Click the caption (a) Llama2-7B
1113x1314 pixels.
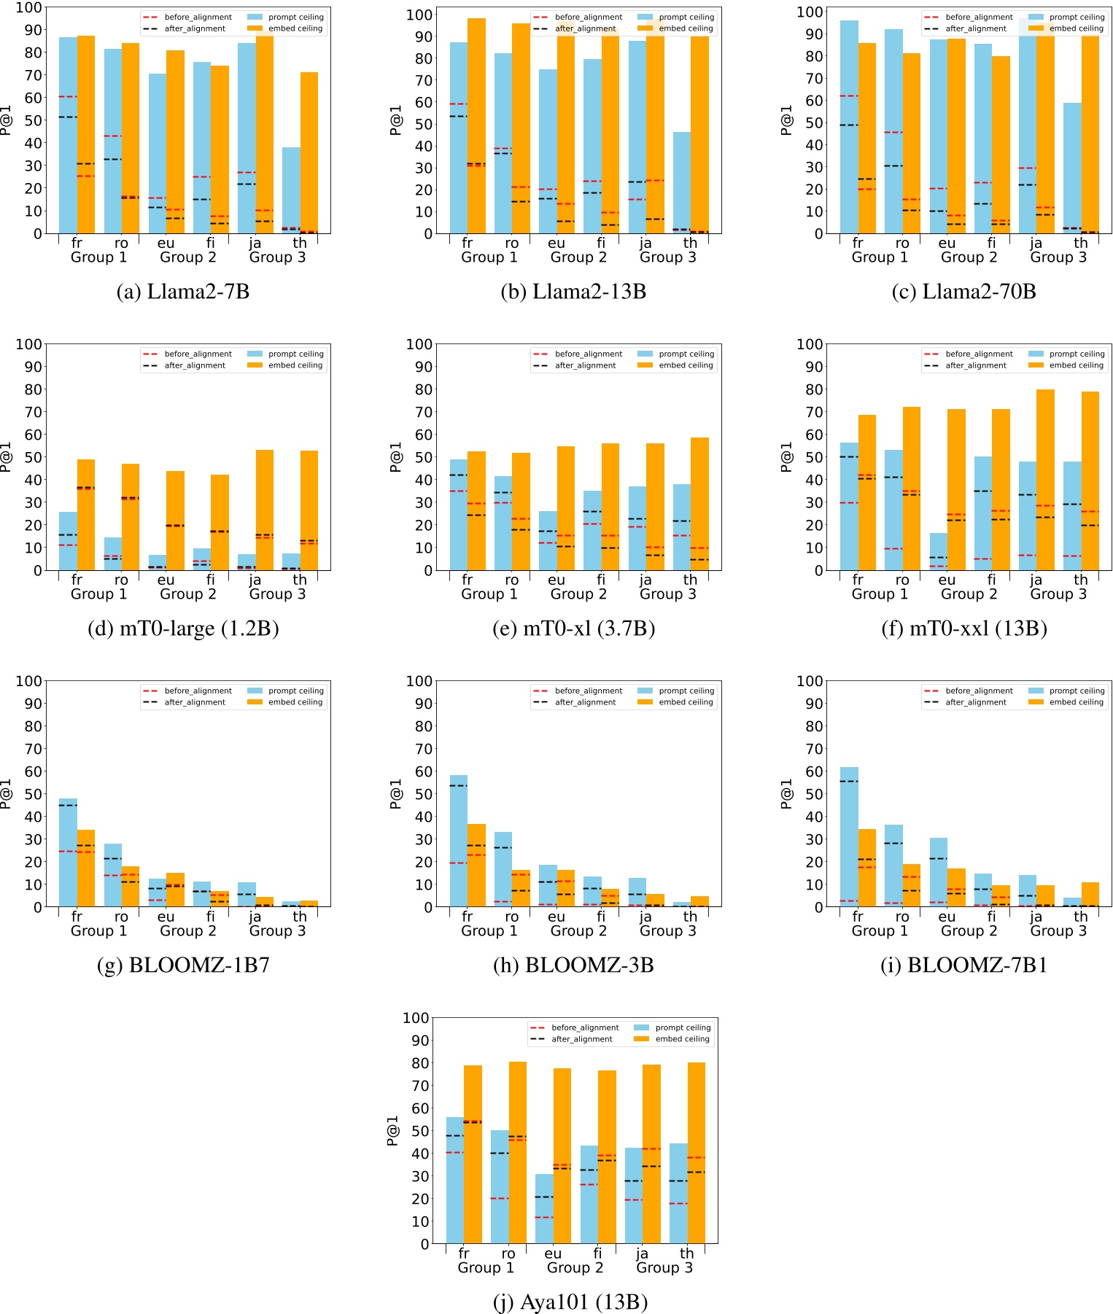click(x=183, y=292)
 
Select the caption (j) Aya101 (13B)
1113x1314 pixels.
click(x=571, y=1302)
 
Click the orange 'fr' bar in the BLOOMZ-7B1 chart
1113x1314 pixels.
click(x=866, y=868)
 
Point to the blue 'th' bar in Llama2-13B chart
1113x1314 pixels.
click(x=681, y=182)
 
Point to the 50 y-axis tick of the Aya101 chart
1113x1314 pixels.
click(x=420, y=1131)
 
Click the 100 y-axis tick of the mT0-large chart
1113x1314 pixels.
click(x=29, y=344)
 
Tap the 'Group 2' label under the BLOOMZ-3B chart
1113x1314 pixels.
click(x=578, y=930)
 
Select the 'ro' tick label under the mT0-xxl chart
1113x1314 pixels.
click(x=902, y=580)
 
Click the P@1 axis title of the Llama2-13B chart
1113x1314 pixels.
click(x=397, y=120)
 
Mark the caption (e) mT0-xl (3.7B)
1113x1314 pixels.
click(x=573, y=629)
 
